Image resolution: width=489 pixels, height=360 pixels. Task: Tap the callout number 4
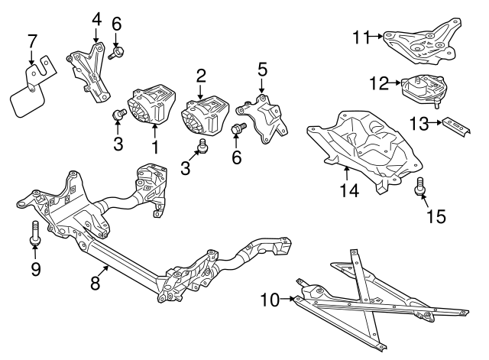(x=96, y=18)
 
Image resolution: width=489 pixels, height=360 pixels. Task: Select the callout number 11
(x=361, y=36)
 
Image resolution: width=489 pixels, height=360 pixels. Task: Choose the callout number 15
(x=435, y=217)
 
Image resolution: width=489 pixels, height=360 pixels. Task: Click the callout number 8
(x=96, y=283)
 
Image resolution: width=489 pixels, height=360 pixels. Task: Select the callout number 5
(x=262, y=70)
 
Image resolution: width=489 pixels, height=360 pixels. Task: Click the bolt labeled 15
(x=419, y=186)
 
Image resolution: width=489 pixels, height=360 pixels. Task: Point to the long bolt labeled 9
(x=35, y=232)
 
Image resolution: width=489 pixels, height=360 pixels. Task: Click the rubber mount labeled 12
(x=423, y=90)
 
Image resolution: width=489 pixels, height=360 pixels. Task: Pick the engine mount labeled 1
(x=153, y=105)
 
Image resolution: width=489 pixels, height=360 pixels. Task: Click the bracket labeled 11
(x=421, y=41)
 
